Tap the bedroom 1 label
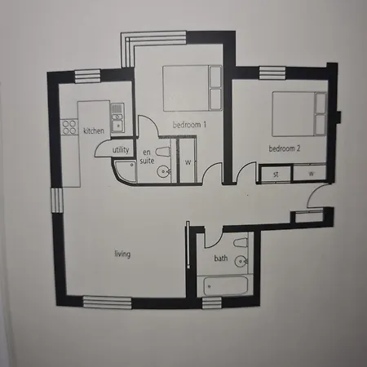click(x=189, y=124)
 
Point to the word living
click(x=122, y=254)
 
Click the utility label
click(x=121, y=151)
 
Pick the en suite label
click(x=148, y=157)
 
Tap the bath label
click(x=221, y=259)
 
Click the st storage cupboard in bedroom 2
click(x=276, y=174)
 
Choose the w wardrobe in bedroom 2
click(x=311, y=174)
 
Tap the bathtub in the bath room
click(x=224, y=286)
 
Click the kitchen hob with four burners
click(x=69, y=127)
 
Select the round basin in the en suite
click(x=163, y=171)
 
